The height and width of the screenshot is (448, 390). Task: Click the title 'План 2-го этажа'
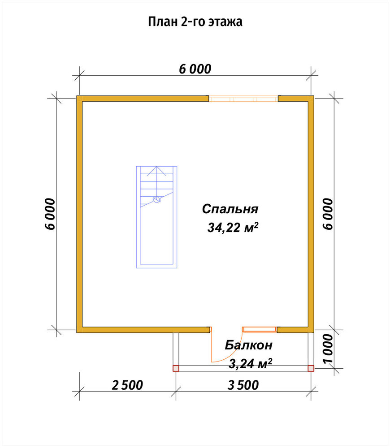click(x=195, y=22)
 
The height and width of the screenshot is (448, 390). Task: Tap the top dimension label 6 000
click(x=195, y=69)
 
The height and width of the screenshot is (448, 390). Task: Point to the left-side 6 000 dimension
click(x=50, y=214)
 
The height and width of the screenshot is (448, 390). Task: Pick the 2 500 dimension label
click(x=127, y=385)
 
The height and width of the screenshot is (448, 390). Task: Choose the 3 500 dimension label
click(x=243, y=385)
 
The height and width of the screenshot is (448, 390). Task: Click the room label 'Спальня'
click(x=230, y=209)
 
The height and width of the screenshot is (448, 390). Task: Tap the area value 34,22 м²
click(x=233, y=228)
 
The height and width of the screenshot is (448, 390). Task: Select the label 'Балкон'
click(x=248, y=345)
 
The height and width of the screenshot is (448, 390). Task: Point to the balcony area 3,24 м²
click(x=250, y=364)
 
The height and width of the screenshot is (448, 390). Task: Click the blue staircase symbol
click(x=156, y=217)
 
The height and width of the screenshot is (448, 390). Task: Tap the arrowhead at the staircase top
click(x=157, y=167)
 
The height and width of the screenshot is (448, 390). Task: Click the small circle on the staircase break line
click(x=156, y=200)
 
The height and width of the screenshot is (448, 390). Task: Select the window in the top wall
click(x=243, y=99)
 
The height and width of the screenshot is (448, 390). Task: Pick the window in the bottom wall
click(x=260, y=330)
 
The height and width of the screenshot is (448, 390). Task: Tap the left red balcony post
click(x=176, y=368)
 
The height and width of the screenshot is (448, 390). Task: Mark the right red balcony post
click(x=311, y=368)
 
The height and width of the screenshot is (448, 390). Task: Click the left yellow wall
click(x=79, y=214)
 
